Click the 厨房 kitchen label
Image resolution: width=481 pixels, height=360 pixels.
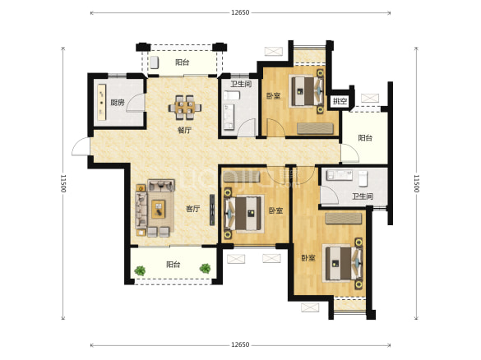pos(118,103)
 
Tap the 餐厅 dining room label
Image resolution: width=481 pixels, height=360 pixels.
pos(184,130)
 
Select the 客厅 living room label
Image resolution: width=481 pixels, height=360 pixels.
pos(193,209)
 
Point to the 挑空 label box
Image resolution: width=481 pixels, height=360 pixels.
pos(340,101)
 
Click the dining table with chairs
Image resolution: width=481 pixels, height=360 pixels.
pos(185,108)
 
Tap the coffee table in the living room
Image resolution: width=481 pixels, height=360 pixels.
pos(159,209)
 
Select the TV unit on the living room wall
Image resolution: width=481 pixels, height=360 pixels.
pos(212,210)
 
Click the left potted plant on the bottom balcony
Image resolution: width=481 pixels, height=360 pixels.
pos(140,270)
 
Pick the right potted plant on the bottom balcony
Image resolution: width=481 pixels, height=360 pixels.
pos(205,268)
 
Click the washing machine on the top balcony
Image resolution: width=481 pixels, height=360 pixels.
pos(155,62)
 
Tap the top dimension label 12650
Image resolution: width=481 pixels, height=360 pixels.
pos(240,12)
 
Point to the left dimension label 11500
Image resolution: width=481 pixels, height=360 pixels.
pos(62,183)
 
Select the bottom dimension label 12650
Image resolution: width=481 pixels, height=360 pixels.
pos(240,344)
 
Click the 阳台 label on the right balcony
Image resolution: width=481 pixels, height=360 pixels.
pos(365,138)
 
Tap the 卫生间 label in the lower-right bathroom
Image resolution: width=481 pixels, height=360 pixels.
pos(363,196)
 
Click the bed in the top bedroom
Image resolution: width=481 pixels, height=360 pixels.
pos(307,91)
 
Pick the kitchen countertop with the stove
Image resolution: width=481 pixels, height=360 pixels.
pos(101,103)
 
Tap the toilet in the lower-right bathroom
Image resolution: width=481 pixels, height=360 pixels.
pos(363,178)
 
